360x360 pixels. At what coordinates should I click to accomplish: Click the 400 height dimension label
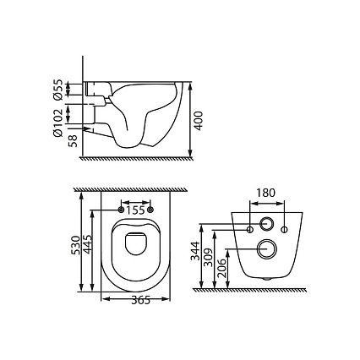point(199,121)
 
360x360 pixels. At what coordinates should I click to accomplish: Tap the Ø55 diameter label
point(57,90)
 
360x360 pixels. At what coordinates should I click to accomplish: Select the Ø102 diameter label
point(57,123)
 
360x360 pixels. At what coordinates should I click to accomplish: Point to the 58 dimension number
point(73,140)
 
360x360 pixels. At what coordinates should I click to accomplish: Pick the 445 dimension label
point(88,244)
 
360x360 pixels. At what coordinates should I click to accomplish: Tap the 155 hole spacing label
point(135,210)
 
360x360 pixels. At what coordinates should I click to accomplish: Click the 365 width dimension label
point(140,301)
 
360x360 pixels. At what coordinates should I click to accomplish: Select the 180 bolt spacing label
point(265,193)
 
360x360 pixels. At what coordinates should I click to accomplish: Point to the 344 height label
point(195,251)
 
